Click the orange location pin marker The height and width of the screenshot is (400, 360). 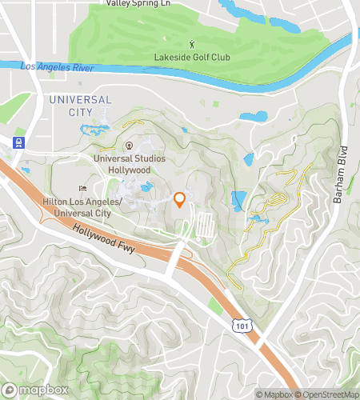(x=180, y=200)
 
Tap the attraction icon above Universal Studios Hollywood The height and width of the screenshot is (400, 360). (x=128, y=145)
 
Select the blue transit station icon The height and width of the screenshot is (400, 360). (x=18, y=142)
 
